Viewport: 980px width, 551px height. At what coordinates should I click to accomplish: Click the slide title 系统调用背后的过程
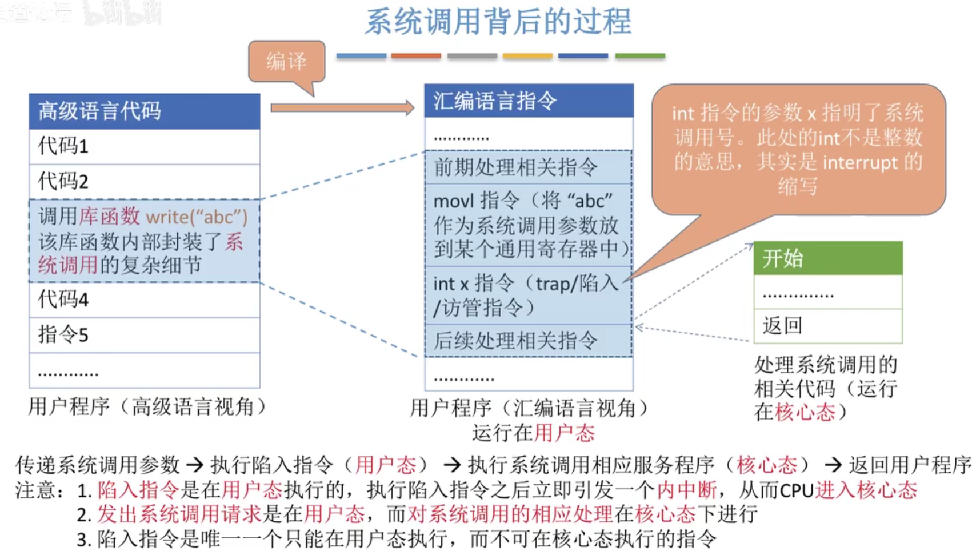pyautogui.click(x=498, y=22)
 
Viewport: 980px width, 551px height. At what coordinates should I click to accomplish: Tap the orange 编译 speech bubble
pyautogui.click(x=287, y=61)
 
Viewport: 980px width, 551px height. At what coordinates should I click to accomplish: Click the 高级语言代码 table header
pyautogui.click(x=144, y=111)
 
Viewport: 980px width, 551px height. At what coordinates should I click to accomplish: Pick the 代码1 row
pyautogui.click(x=144, y=146)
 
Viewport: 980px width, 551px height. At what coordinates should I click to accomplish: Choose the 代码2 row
pyautogui.click(x=144, y=182)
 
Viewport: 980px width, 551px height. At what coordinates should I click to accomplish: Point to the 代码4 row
pyautogui.click(x=144, y=300)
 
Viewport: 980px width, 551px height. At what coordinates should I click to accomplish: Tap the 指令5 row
pyautogui.click(x=144, y=334)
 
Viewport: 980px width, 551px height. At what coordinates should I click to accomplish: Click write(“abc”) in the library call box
pyautogui.click(x=197, y=217)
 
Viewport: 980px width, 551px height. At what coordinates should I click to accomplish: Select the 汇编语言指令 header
pyautogui.click(x=529, y=101)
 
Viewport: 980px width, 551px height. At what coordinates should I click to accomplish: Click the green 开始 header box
pyautogui.click(x=827, y=258)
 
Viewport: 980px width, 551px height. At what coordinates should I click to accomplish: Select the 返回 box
pyautogui.click(x=827, y=326)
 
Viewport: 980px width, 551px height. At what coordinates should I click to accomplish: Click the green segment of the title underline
pyautogui.click(x=639, y=56)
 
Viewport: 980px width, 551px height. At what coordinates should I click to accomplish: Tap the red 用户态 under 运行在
pyautogui.click(x=564, y=433)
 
